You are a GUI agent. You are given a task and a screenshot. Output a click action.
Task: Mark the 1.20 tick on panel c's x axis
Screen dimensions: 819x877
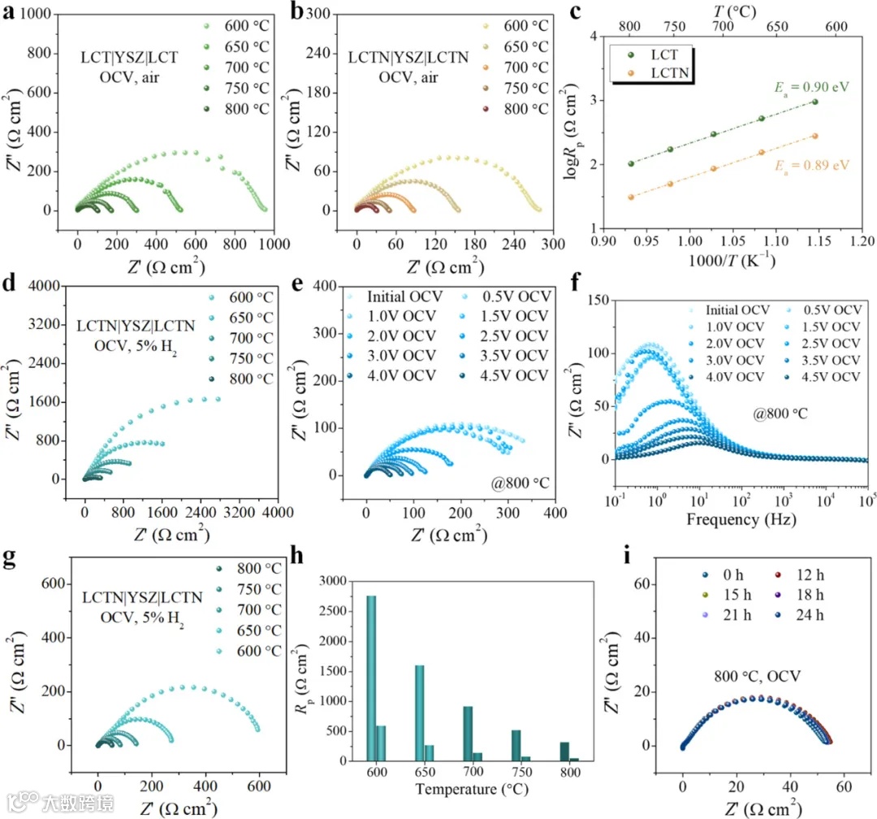(x=861, y=241)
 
